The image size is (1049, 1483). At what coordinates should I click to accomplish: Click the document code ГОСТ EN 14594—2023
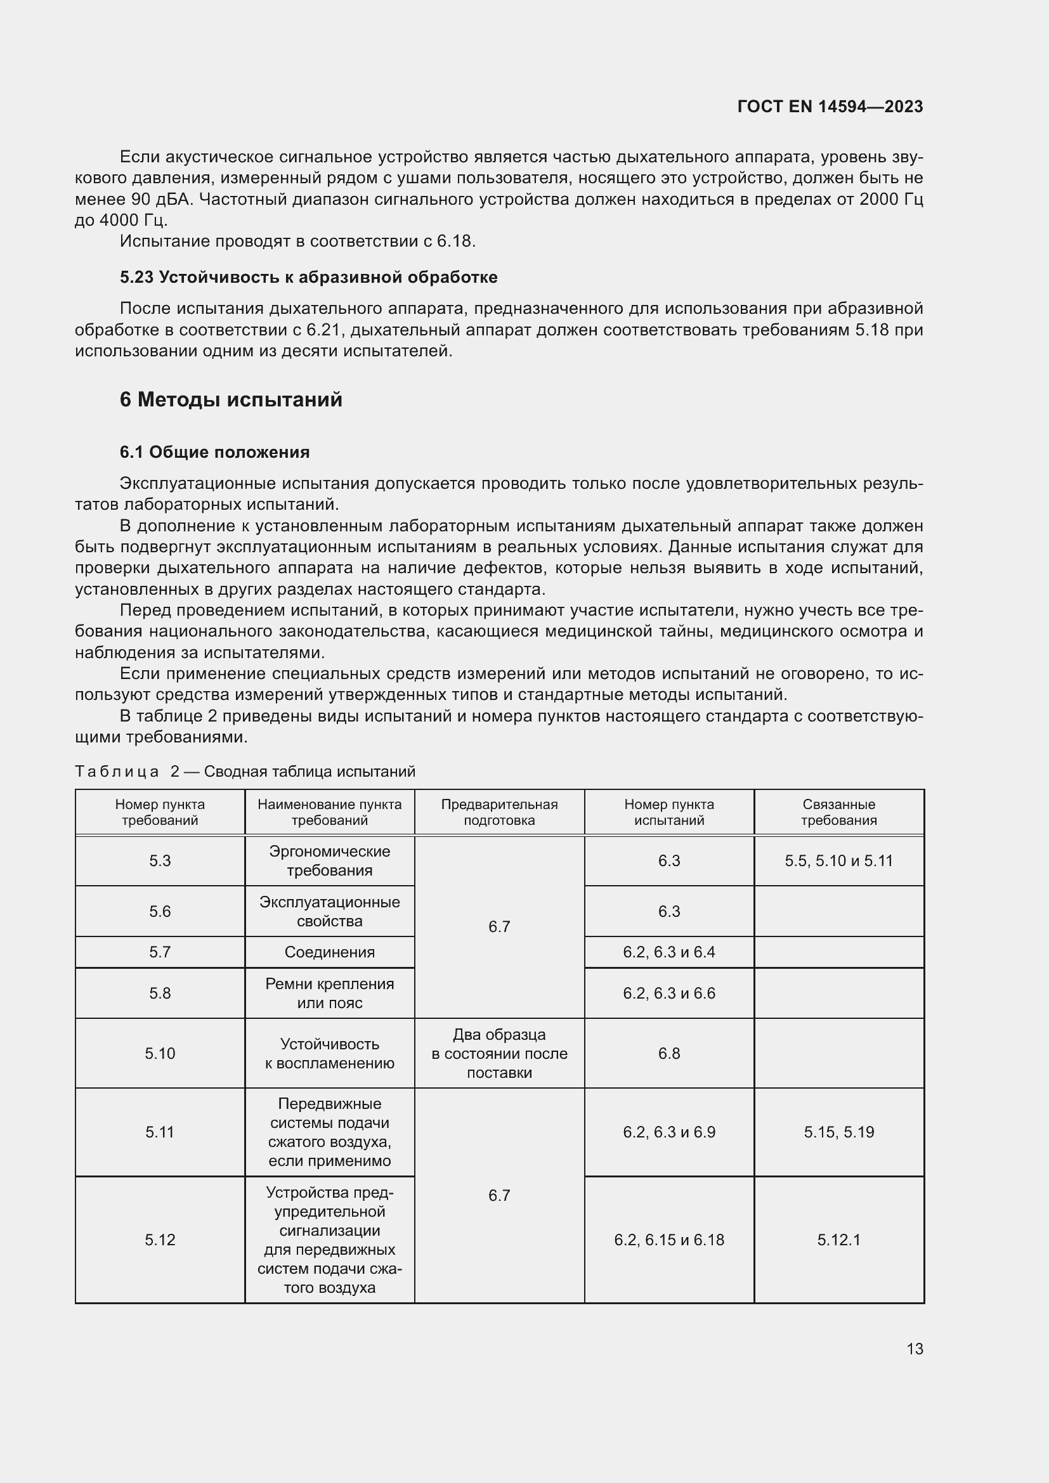(830, 107)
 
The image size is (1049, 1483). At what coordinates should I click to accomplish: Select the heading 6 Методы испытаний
(231, 399)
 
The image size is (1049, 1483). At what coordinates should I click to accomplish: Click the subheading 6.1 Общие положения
(214, 452)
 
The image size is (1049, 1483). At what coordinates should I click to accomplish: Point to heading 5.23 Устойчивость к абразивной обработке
(308, 277)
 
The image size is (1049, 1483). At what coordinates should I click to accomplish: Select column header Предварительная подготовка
(498, 812)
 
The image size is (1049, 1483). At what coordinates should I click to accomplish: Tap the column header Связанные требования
(838, 812)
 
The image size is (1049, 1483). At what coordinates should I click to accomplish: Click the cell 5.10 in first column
(160, 1054)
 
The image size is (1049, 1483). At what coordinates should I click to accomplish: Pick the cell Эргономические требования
(329, 860)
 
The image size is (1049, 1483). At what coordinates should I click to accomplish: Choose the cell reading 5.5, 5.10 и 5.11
(838, 860)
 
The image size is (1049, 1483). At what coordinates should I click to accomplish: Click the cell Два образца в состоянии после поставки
(498, 1054)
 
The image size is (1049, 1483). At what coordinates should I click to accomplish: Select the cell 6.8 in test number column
(668, 1054)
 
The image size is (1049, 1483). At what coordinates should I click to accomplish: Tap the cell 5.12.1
(838, 1240)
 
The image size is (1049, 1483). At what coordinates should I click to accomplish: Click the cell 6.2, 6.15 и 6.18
(668, 1240)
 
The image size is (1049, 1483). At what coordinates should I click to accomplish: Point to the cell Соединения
(329, 952)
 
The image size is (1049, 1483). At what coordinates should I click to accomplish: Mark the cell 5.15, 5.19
(838, 1132)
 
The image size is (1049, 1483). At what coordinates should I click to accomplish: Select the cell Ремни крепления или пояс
(329, 993)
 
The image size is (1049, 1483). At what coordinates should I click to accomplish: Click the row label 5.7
(160, 952)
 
